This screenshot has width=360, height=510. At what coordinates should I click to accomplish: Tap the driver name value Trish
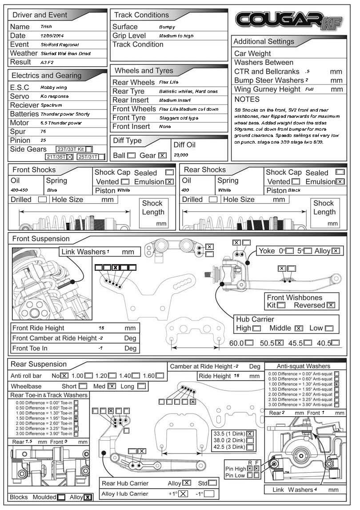point(46,27)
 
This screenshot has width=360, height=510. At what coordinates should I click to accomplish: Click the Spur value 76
point(43,132)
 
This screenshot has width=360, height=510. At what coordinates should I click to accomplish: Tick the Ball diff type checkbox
point(131,156)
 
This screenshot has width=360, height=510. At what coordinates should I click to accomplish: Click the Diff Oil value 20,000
point(181,156)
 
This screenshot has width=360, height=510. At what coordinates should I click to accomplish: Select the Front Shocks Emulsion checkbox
point(169,181)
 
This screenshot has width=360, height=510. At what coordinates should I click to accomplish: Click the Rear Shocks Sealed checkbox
point(340,172)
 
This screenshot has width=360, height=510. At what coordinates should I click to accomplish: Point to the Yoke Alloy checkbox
point(336,251)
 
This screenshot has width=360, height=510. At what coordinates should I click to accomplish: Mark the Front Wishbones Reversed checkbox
point(331,305)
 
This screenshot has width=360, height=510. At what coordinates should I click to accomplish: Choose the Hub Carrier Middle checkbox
point(299,328)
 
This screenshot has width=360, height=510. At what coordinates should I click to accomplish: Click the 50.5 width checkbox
point(279,343)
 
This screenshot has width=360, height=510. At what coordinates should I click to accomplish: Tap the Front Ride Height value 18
point(101,328)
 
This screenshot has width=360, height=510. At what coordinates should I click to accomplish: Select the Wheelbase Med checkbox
point(112,386)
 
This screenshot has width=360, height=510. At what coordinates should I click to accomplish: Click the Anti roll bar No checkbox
point(64,375)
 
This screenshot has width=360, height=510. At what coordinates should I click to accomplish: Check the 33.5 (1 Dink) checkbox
point(250,434)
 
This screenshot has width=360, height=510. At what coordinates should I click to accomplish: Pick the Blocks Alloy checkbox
point(88,497)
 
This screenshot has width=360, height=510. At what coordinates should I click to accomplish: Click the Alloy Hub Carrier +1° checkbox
point(183,494)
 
